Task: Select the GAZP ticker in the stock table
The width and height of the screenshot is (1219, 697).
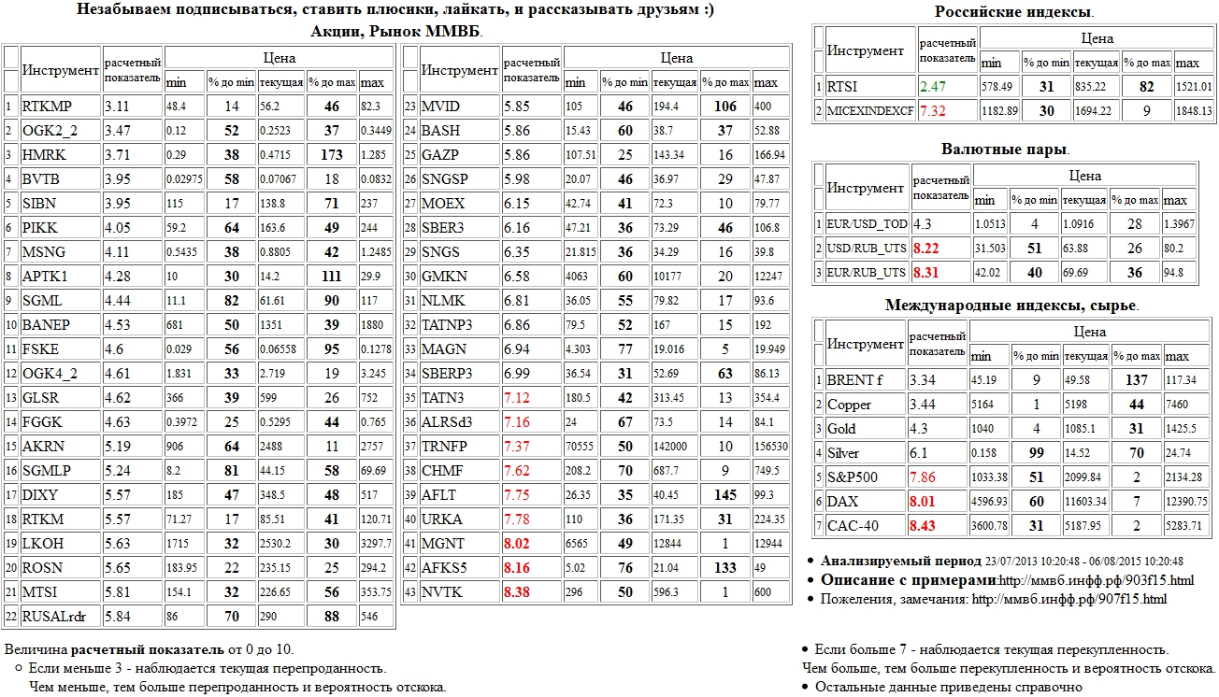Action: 439,155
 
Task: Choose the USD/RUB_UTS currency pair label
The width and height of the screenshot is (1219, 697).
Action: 867,249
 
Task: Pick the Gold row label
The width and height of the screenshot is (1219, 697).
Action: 841,429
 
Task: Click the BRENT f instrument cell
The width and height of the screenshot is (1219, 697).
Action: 854,380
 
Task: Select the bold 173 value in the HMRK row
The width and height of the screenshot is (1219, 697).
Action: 331,155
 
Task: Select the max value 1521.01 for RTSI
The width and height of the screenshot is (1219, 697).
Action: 1194,87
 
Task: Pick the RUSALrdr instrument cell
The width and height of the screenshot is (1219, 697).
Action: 56,617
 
